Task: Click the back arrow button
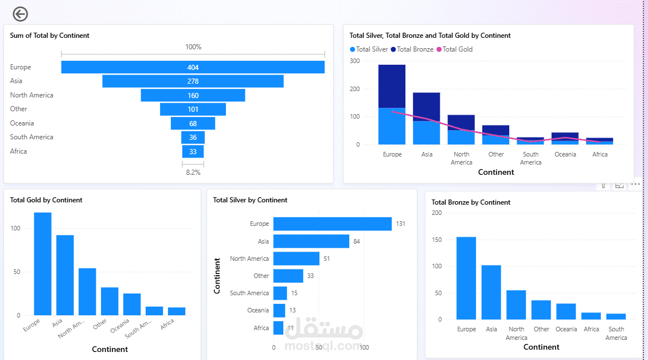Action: [x=20, y=14]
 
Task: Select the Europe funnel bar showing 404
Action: [x=193, y=67]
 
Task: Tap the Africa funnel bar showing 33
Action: [x=193, y=151]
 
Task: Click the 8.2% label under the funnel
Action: [x=193, y=172]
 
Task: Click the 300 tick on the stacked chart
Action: [x=354, y=61]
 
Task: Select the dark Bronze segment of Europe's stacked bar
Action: [x=392, y=86]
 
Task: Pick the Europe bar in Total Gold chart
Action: [x=42, y=264]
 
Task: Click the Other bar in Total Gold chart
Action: [x=110, y=301]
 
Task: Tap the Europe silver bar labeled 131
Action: [x=332, y=224]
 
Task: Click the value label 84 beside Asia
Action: [x=356, y=241]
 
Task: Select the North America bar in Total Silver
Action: [x=296, y=259]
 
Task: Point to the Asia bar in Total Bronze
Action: [x=491, y=292]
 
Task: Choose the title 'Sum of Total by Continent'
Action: [x=50, y=36]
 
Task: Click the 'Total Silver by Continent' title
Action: [x=250, y=200]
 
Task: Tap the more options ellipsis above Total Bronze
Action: [x=635, y=185]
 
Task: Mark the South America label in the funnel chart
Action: [x=32, y=137]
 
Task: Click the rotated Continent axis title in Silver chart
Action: [x=217, y=276]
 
